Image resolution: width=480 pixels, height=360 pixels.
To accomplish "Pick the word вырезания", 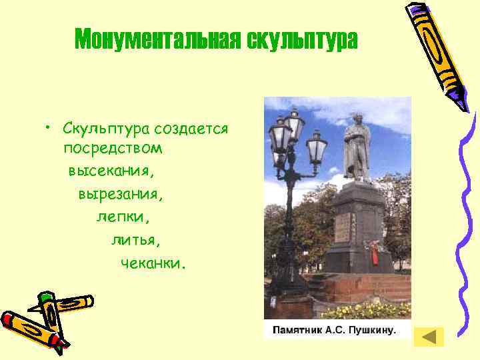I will pyautogui.click(x=120, y=195).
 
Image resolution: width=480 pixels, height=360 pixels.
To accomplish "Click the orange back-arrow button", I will pyautogui.click(x=429, y=337).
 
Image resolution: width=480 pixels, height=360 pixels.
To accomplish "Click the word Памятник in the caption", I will pyautogui.click(x=296, y=330).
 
